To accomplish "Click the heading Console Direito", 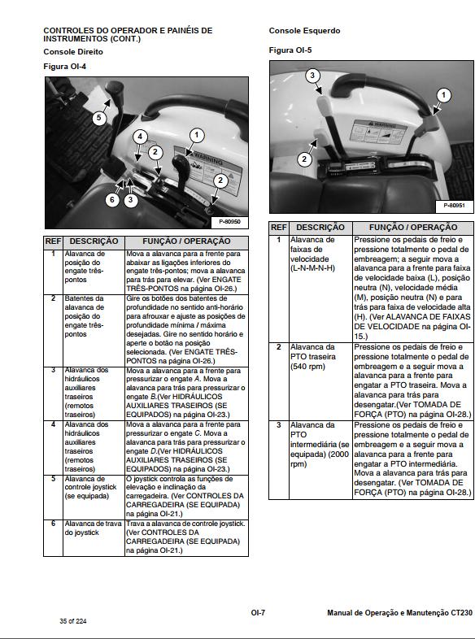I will (x=73, y=51).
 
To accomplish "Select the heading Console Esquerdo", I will (x=304, y=31).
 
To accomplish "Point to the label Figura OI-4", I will (x=64, y=66).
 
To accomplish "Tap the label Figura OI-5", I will (x=290, y=50).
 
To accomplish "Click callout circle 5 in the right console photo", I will (x=98, y=118).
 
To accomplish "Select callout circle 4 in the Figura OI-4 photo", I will (x=141, y=136).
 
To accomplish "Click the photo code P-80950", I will (x=230, y=221).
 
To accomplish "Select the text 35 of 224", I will (x=73, y=621).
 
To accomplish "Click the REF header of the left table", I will (x=53, y=241).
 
